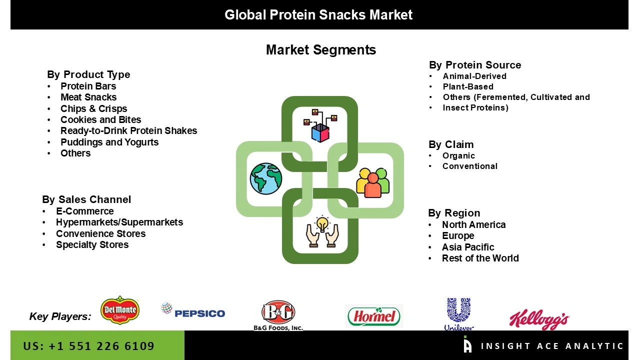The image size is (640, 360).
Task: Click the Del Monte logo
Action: [x=119, y=310]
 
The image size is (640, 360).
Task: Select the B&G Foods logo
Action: [x=278, y=314]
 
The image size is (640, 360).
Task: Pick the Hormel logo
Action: [x=373, y=316]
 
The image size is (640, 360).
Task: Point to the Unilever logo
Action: [x=458, y=314]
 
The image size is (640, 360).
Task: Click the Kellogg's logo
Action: [x=539, y=319]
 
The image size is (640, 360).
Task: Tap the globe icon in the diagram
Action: [x=266, y=178]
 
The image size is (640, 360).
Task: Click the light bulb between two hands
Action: [x=322, y=231]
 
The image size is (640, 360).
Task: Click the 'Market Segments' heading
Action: [x=320, y=50]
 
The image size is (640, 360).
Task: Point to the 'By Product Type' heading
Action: [x=88, y=74]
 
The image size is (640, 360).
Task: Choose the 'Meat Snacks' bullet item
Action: [x=88, y=97]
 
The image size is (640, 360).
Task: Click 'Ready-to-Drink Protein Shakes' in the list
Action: [x=128, y=131]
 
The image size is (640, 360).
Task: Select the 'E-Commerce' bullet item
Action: [x=84, y=211]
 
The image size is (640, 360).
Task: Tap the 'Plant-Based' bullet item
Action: [x=467, y=87]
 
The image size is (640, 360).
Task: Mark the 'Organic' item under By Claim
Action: [x=458, y=156]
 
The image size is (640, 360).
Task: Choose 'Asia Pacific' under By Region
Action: [x=467, y=247]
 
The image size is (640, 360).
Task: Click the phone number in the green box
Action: [x=89, y=346]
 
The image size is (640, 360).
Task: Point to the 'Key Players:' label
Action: [x=60, y=316]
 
